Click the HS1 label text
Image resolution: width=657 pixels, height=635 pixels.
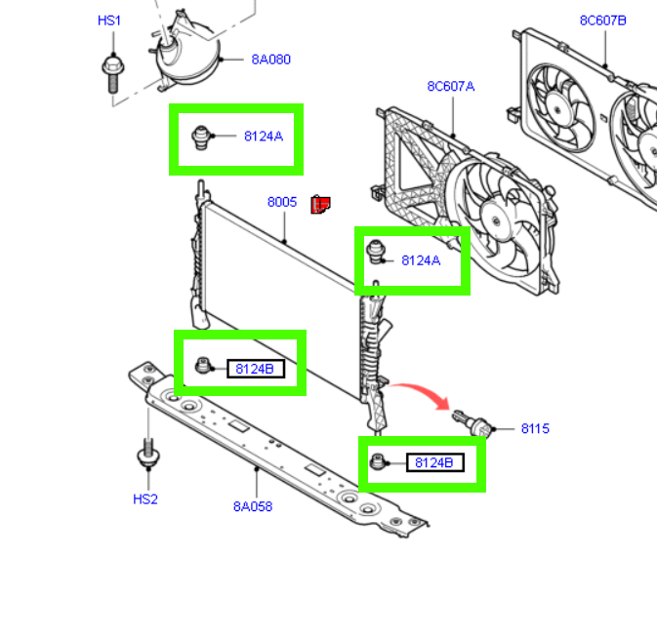tap(110, 20)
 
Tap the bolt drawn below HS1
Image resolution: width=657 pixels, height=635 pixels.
tap(110, 72)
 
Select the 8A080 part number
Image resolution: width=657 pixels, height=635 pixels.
tap(270, 60)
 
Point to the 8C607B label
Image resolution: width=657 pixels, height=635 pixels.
tap(603, 20)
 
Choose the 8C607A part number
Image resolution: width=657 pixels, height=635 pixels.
tap(451, 86)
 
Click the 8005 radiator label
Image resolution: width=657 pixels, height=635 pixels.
tap(282, 202)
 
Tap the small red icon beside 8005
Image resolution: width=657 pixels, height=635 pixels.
tap(320, 204)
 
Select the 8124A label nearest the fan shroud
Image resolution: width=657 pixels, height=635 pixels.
tap(421, 260)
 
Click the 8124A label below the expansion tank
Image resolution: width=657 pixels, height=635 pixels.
tap(264, 137)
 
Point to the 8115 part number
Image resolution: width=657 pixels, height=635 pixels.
tap(535, 428)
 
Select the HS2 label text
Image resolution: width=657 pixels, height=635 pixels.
tap(145, 499)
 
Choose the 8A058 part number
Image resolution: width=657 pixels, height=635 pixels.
tap(253, 506)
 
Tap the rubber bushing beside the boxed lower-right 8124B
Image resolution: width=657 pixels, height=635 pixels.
tap(377, 461)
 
